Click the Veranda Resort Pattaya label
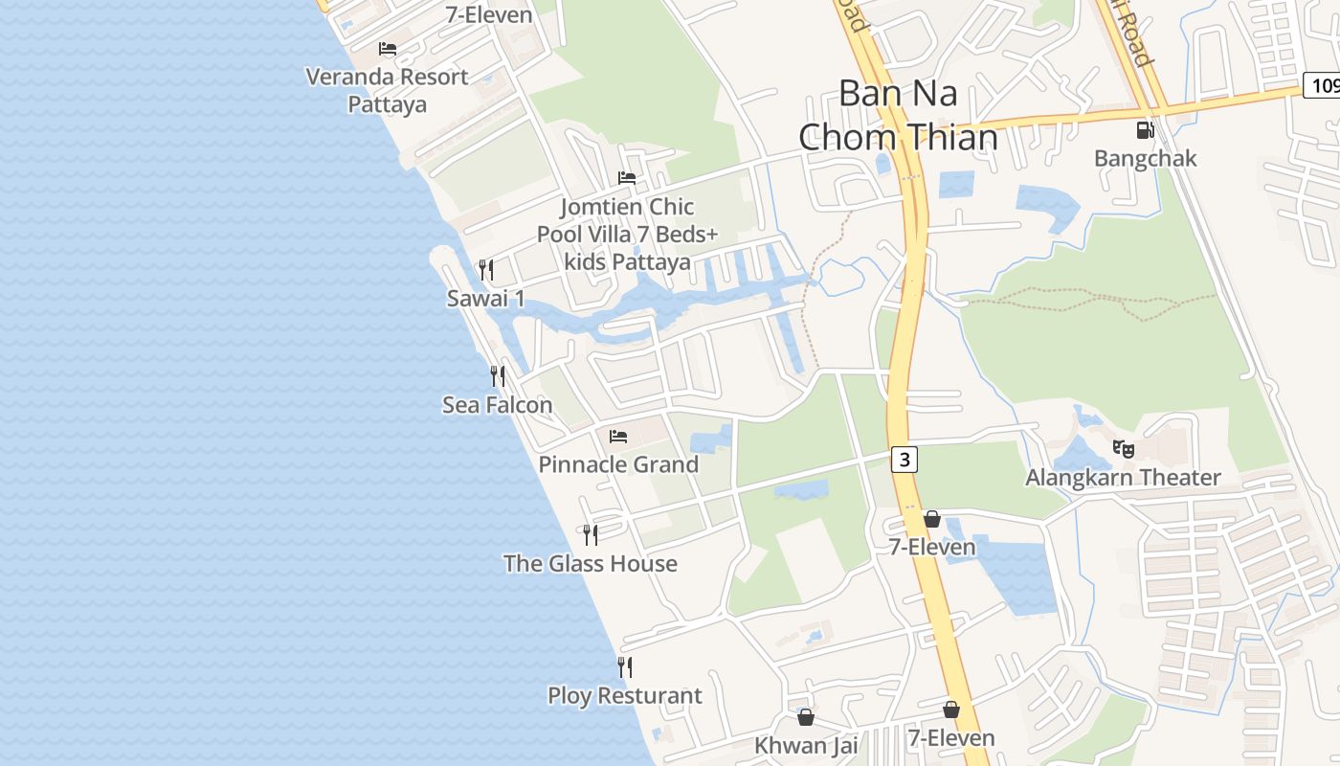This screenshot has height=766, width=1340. (x=387, y=90)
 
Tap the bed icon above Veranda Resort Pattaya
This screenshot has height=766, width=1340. (x=387, y=48)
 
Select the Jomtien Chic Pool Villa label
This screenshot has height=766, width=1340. (x=627, y=234)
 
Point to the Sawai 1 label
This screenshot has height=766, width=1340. (x=486, y=299)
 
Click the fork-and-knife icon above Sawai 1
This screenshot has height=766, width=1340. (x=486, y=270)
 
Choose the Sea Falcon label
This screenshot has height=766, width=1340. (x=497, y=405)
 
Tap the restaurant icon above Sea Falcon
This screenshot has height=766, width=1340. (x=498, y=376)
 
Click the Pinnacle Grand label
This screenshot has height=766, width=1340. (x=618, y=464)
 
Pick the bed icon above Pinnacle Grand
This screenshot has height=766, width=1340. (x=618, y=437)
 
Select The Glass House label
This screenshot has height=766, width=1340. (x=591, y=563)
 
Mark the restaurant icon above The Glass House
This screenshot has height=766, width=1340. (x=591, y=534)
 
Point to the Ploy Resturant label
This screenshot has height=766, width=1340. (x=624, y=695)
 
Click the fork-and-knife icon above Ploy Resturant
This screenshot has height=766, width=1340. (x=625, y=666)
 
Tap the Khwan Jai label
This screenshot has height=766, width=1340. (x=806, y=745)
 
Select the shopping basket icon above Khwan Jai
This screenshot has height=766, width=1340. (x=806, y=717)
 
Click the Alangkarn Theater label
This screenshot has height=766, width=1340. (x=1123, y=477)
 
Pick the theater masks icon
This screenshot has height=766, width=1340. (x=1124, y=448)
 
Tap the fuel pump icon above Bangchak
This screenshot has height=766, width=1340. (x=1145, y=130)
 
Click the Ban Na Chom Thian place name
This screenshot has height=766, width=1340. (x=898, y=116)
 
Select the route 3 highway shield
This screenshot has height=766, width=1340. (x=904, y=460)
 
